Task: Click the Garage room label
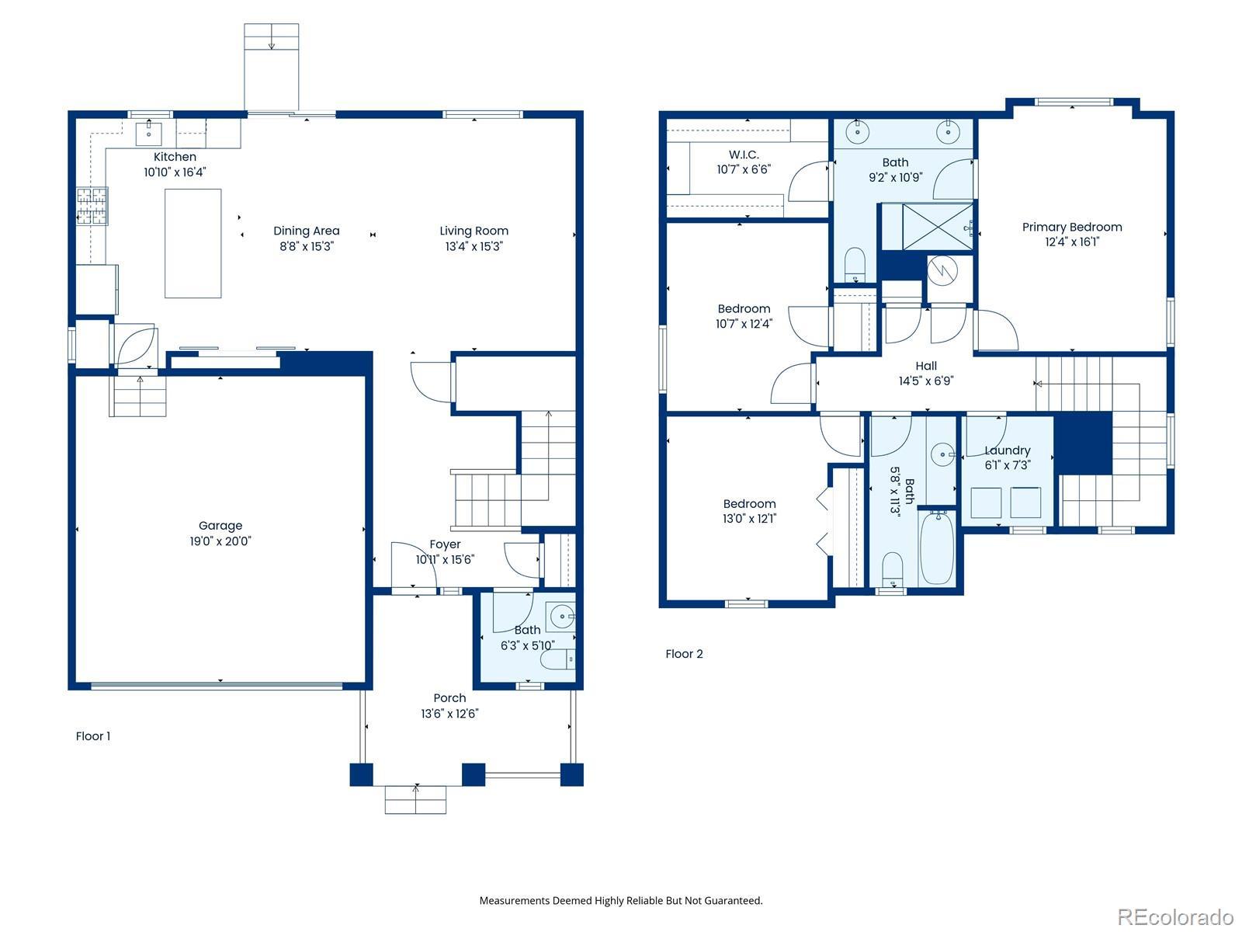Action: coord(220,526)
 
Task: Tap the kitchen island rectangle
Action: coord(193,243)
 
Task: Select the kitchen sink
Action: coord(149,134)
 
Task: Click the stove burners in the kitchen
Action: coord(92,206)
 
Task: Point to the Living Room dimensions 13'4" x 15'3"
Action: coord(474,246)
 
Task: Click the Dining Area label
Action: coord(306,231)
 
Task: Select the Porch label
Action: coord(449,697)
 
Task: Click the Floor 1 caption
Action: coord(93,736)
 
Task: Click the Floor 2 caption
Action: coord(684,654)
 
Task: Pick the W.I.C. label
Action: coord(744,155)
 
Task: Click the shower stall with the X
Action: coord(937,227)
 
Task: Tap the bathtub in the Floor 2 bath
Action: coord(937,548)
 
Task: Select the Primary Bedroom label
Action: coord(1072,227)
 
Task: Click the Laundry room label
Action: coord(1007,450)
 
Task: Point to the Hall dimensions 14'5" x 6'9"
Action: coord(926,381)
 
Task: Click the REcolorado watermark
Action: coord(1175,915)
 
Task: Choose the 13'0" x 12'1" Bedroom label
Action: coord(749,510)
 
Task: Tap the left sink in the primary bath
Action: coord(858,132)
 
